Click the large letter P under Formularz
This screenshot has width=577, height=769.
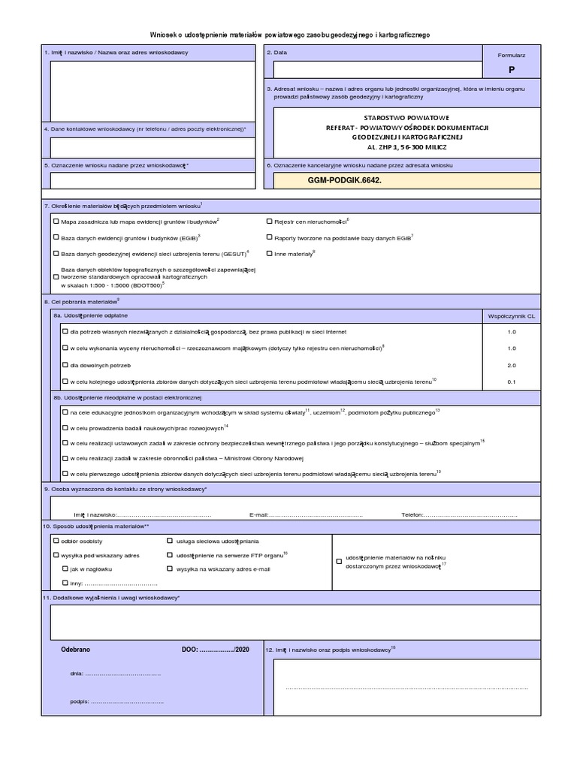pyautogui.click(x=512, y=69)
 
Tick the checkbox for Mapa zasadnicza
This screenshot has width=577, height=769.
pyautogui.click(x=56, y=222)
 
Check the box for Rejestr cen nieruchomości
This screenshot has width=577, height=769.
pyautogui.click(x=270, y=222)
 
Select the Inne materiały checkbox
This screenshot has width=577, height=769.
pyautogui.click(x=270, y=254)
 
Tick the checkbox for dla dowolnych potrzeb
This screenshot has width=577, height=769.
pyautogui.click(x=65, y=365)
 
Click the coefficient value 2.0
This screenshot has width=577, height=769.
pyautogui.click(x=512, y=365)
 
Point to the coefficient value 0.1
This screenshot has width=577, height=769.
pyautogui.click(x=512, y=381)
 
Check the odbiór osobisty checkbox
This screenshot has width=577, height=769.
pyautogui.click(x=56, y=541)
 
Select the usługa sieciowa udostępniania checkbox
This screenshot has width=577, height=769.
pyautogui.click(x=170, y=541)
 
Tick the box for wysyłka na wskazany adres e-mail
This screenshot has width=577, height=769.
pyautogui.click(x=170, y=569)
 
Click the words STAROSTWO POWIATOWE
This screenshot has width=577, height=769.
pyautogui.click(x=406, y=119)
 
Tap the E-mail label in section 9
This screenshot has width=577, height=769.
pyautogui.click(x=258, y=515)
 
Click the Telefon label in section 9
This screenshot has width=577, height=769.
pyautogui.click(x=412, y=515)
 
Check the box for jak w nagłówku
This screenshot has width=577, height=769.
pyautogui.click(x=65, y=569)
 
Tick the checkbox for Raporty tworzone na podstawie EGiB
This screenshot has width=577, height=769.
pyautogui.click(x=270, y=237)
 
